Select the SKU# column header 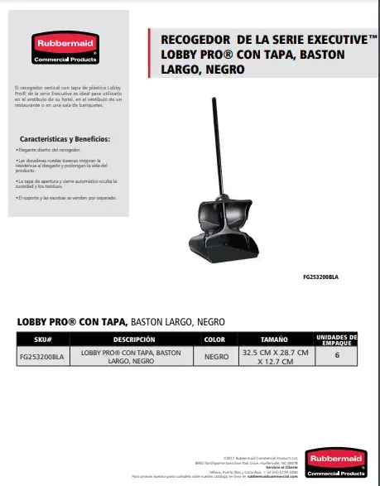point(45,339)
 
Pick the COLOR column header point(214,339)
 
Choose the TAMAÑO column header point(274,339)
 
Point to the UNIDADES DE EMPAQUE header point(337,339)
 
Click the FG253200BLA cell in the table point(45,356)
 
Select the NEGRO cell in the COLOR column point(214,356)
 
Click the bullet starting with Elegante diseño point(50,152)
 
